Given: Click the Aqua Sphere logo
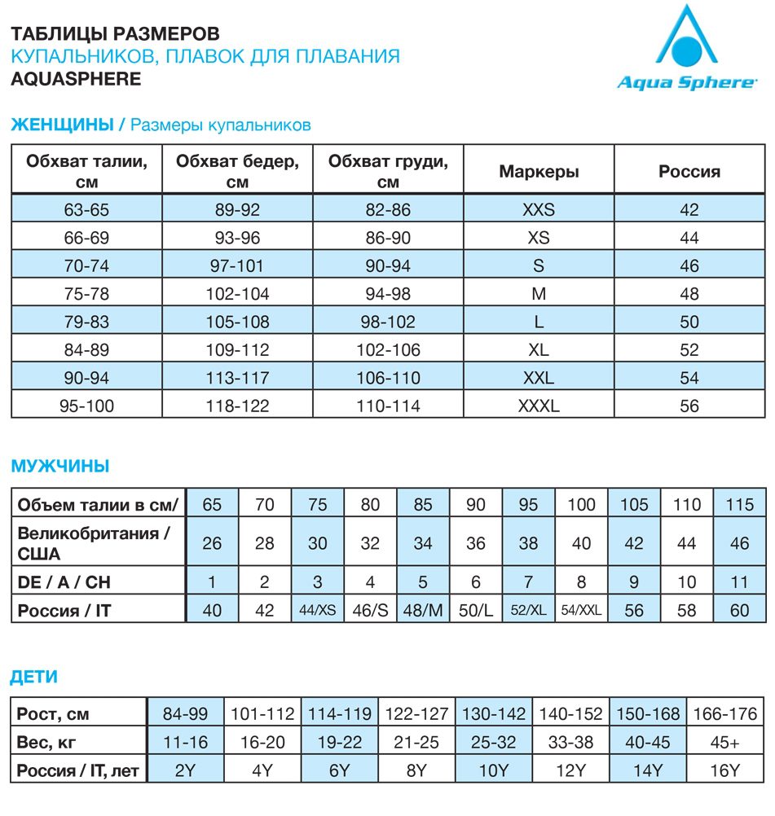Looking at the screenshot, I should pyautogui.click(x=686, y=53).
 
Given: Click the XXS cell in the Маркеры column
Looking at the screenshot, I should pyautogui.click(x=538, y=210).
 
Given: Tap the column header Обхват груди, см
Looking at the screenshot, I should pyautogui.click(x=388, y=171).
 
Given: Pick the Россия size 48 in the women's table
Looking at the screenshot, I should pyautogui.click(x=689, y=294).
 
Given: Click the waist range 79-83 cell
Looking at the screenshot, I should pyautogui.click(x=86, y=322).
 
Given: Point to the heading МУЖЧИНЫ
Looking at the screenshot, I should pyautogui.click(x=60, y=467).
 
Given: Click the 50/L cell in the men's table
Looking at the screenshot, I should pyautogui.click(x=476, y=609).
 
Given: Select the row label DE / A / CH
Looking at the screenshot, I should pyautogui.click(x=66, y=582).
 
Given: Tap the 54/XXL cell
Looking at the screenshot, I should pyautogui.click(x=581, y=609).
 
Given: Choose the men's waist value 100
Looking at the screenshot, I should pyautogui.click(x=581, y=505).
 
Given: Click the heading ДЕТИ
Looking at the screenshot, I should pyautogui.click(x=33, y=678).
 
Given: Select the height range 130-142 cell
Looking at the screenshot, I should pyautogui.click(x=494, y=715).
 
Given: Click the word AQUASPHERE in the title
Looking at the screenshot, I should pyautogui.click(x=76, y=79).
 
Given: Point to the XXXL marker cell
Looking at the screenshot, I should pyautogui.click(x=538, y=405).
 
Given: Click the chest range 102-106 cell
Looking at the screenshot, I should pyautogui.click(x=388, y=349).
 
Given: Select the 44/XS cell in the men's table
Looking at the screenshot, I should pyautogui.click(x=317, y=609).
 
